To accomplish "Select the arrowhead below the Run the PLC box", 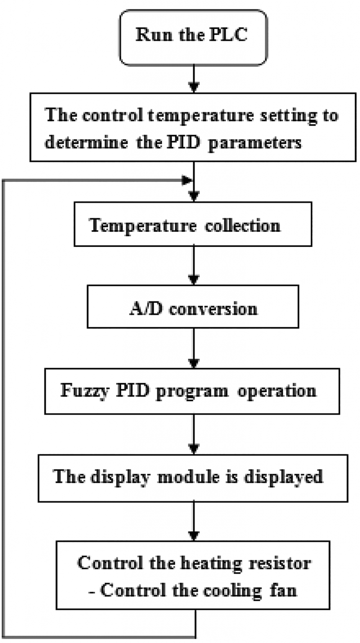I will tap(193, 87).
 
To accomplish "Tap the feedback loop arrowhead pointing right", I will tap(187, 180).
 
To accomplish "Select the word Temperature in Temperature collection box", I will tap(143, 226).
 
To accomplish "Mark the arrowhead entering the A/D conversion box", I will tap(193, 280).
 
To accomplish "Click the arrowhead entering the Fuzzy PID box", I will tap(193, 363).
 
